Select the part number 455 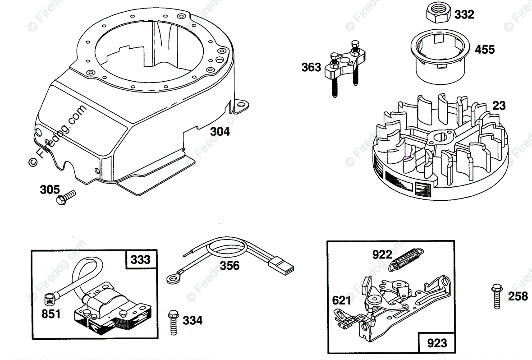click(x=485, y=49)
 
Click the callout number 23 click(x=499, y=106)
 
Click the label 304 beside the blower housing click(x=220, y=132)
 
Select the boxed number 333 click(x=141, y=260)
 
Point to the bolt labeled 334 click(x=173, y=321)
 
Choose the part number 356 click(x=229, y=266)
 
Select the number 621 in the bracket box click(x=341, y=300)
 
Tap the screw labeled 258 click(x=497, y=296)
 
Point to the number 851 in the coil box click(x=51, y=314)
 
